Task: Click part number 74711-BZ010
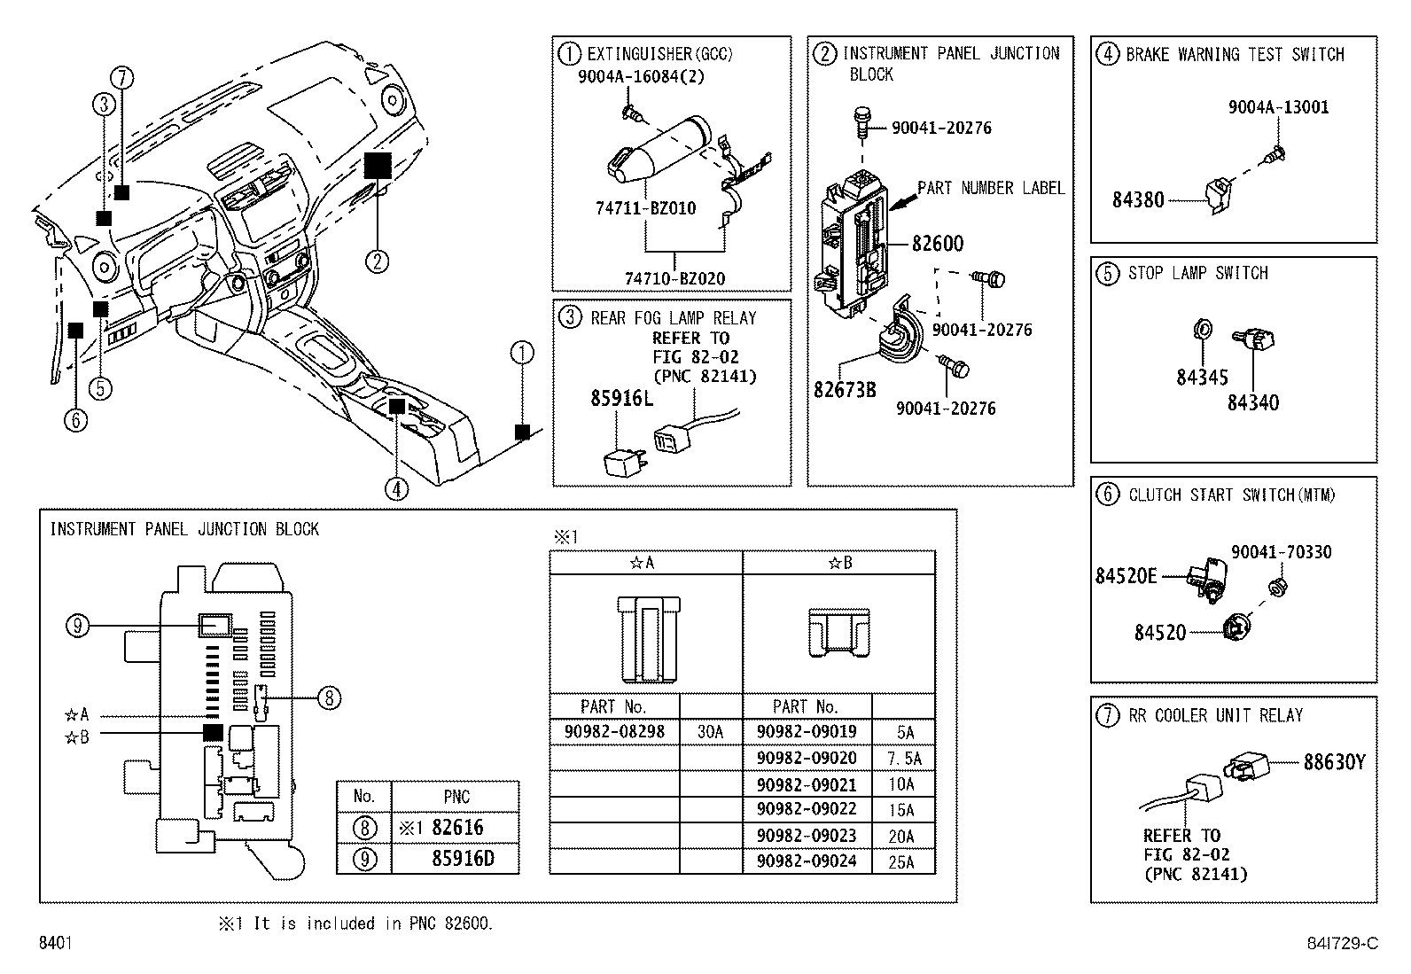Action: [x=645, y=208]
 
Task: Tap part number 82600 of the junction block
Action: [x=938, y=244]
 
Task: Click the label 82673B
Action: [x=845, y=389]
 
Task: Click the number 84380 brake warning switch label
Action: [x=1138, y=200]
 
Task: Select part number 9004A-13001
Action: [x=1278, y=108]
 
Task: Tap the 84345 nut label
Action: [x=1202, y=378]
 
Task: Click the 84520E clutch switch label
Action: [x=1126, y=576]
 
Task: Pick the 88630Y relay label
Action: [x=1334, y=762]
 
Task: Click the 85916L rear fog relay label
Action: [x=621, y=399]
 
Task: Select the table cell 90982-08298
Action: [x=614, y=732]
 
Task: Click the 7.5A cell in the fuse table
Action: [x=903, y=759]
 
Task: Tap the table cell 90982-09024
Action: [x=807, y=861]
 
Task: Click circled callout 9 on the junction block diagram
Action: [x=78, y=627]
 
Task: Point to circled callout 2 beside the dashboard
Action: [x=377, y=261]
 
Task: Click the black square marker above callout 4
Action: [x=397, y=406]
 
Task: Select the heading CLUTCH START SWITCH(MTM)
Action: [x=1231, y=495]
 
